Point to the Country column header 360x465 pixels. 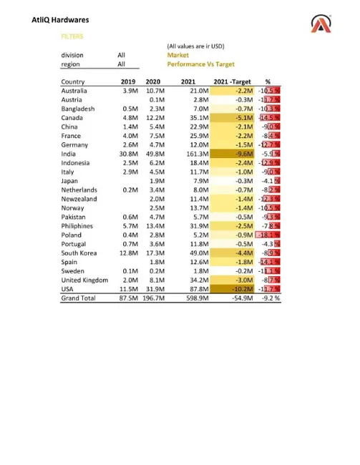[73, 82]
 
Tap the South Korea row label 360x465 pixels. [79, 253]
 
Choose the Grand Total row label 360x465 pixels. [77, 298]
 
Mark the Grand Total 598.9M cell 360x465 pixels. [195, 298]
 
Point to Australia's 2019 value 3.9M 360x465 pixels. [130, 91]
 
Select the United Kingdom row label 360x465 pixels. [84, 280]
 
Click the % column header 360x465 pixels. [268, 82]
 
